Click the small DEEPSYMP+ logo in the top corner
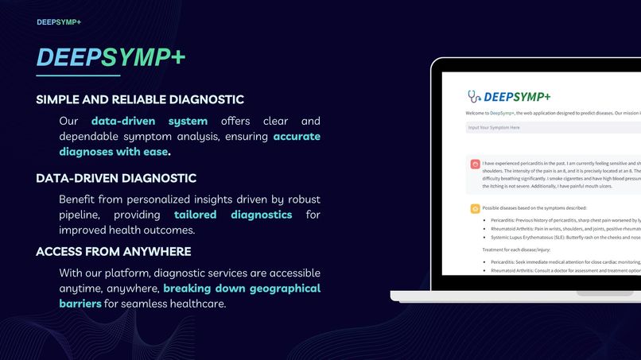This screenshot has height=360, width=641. [x=59, y=22]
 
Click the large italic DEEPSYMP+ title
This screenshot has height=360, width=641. [x=111, y=57]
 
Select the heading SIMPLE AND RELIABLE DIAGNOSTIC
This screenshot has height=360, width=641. [x=140, y=100]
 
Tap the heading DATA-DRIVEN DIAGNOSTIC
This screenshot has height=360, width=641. [x=116, y=178]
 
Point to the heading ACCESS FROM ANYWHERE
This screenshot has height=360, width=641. [x=114, y=252]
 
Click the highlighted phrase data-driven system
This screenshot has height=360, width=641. [x=150, y=122]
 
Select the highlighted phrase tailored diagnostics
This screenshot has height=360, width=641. [x=233, y=215]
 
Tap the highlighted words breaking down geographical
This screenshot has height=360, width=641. [x=242, y=288]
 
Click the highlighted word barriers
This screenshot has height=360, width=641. [x=80, y=304]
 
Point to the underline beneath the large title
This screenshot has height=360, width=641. [x=78, y=75]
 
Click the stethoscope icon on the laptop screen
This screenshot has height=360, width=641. [x=474, y=96]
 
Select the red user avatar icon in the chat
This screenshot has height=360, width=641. [x=475, y=165]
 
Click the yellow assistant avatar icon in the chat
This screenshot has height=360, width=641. [x=475, y=208]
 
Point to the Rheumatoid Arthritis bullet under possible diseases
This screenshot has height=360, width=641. [x=557, y=228]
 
